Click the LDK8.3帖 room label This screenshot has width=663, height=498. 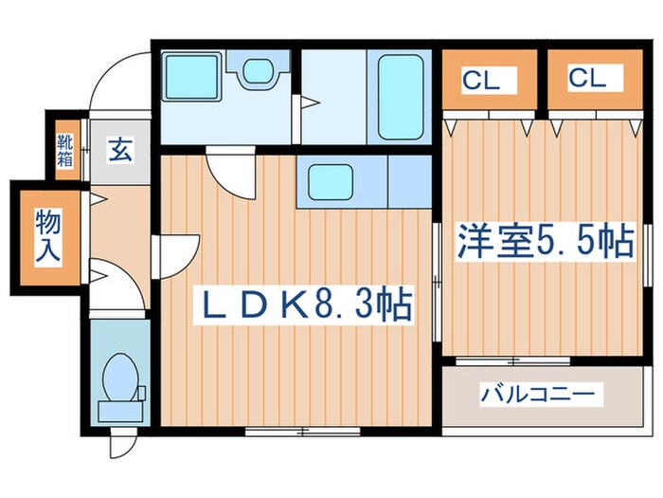303,304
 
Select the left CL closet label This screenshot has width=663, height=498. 480,81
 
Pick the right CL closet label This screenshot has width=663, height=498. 587,78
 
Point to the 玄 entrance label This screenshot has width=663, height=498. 120,150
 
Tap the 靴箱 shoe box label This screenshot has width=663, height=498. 65,150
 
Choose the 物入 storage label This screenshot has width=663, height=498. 47,236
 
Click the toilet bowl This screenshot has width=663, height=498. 120,377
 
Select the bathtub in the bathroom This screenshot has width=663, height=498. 401,98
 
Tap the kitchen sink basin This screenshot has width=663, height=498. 331,182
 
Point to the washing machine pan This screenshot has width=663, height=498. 192,77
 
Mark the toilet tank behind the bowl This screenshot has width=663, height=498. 120,411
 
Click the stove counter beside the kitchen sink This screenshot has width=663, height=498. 409,181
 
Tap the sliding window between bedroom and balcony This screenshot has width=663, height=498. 513,361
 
